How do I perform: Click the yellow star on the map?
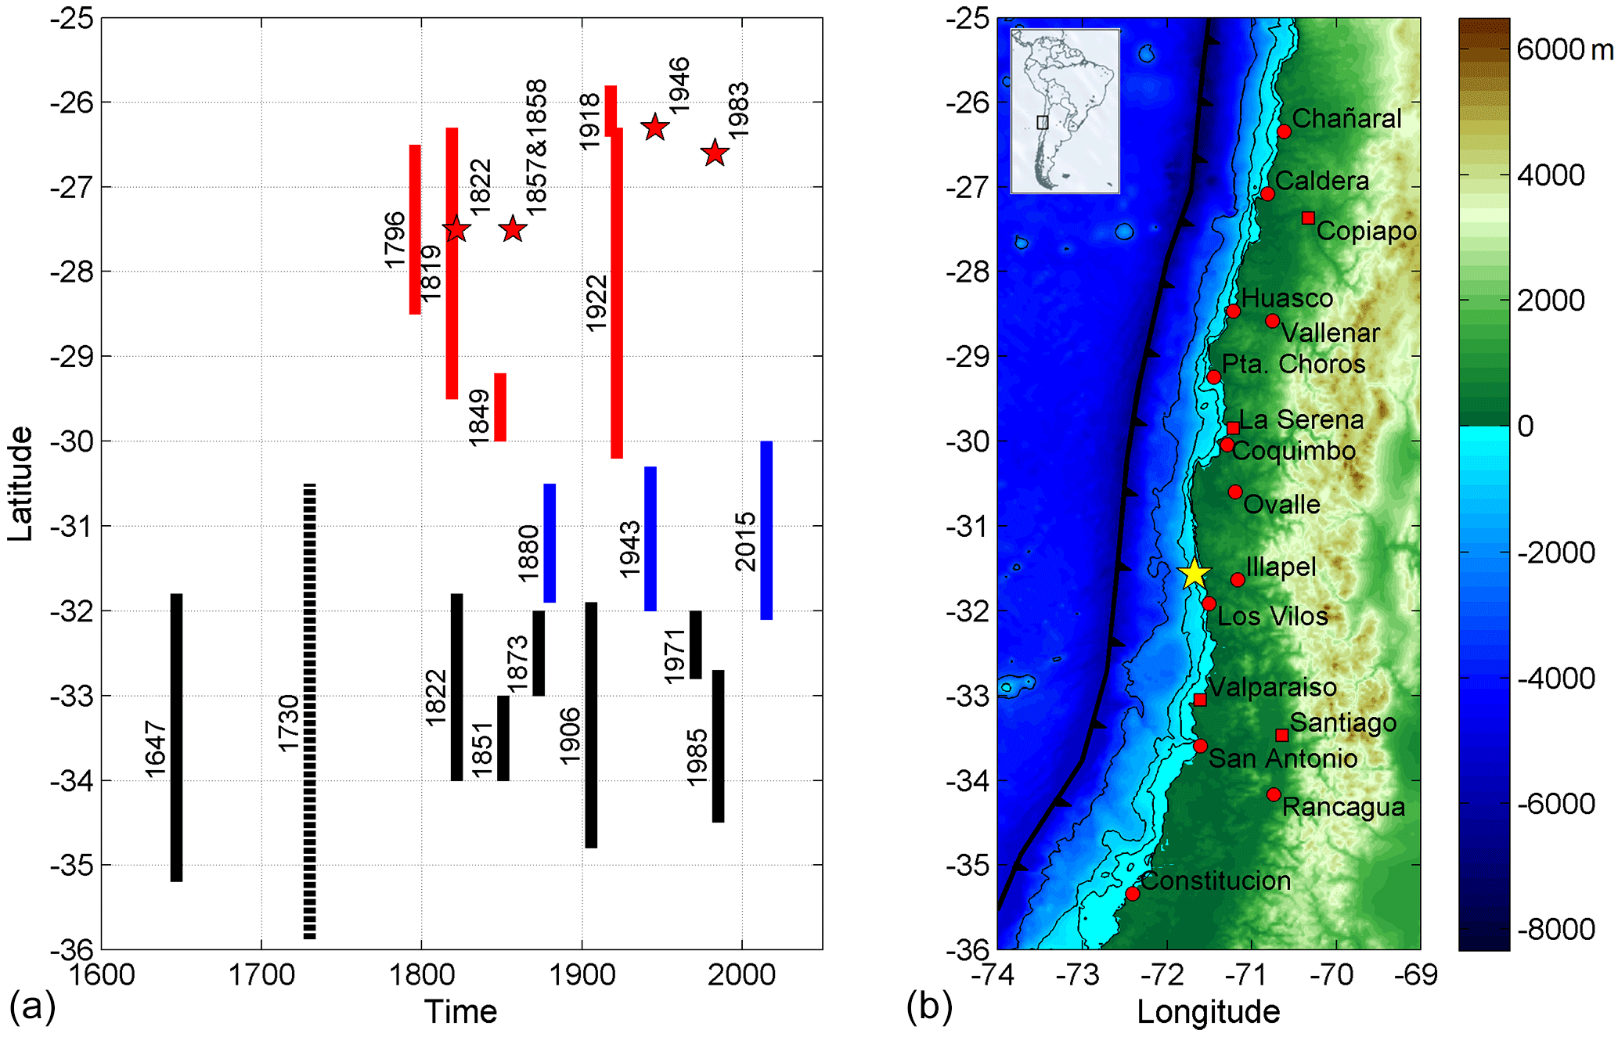1194,574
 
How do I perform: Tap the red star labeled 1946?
654,127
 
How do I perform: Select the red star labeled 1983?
715,153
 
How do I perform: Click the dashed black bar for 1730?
310,711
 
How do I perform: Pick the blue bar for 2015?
766,530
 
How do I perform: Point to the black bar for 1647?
176,737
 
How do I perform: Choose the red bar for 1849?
500,407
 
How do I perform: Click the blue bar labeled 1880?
550,542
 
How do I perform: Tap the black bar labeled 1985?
718,746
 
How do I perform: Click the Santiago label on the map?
1342,722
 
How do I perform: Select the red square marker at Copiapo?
1308,218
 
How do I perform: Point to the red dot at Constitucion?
1132,893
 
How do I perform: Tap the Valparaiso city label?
1272,687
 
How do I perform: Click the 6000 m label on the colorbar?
1564,50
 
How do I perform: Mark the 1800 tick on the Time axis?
422,975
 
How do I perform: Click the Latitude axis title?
20,484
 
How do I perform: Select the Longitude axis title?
1208,1012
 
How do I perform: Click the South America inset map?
1065,110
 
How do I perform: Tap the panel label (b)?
929,1006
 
